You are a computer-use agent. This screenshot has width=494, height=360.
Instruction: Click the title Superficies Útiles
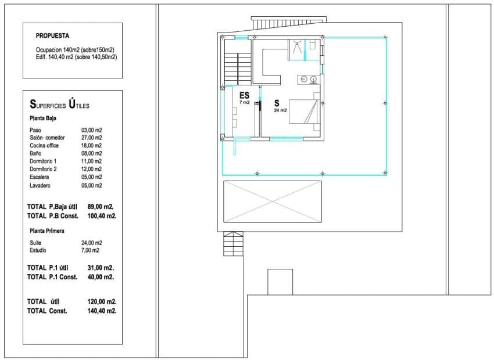[x=59, y=105]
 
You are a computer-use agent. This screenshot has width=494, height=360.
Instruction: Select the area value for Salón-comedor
[x=92, y=138]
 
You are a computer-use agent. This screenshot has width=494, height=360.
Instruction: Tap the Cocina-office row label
[x=44, y=146]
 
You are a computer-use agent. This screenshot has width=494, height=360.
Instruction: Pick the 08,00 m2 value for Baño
[x=92, y=153]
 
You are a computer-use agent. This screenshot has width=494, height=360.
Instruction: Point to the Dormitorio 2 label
[x=42, y=169]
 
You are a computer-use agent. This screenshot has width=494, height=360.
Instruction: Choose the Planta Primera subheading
[x=46, y=231]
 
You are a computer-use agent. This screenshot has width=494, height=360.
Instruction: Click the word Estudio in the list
[x=38, y=250]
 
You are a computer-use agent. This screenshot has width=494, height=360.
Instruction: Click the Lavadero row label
[x=40, y=185]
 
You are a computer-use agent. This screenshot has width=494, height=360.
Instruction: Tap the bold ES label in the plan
[x=244, y=95]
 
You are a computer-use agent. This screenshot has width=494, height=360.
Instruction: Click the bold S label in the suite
[x=277, y=103]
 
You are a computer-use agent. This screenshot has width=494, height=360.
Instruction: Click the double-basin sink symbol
[x=308, y=79]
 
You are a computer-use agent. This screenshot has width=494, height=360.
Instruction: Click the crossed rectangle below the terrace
[x=273, y=201]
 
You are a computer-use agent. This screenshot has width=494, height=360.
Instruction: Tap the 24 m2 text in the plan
[x=280, y=110]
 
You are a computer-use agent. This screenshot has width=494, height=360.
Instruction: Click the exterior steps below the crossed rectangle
[x=234, y=244]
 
